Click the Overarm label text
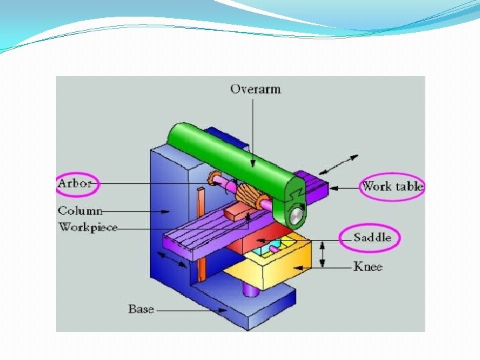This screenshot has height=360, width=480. point(255,89)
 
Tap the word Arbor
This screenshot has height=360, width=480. point(75,183)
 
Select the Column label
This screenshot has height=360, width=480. point(80,211)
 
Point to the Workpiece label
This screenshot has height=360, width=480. point(88,227)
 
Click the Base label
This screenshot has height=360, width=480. point(141,309)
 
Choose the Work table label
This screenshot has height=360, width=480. point(392,186)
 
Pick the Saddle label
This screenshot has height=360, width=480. point(372,237)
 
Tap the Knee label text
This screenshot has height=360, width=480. point(367,267)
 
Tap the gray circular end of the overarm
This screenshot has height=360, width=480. point(295,215)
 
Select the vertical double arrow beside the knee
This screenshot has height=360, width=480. point(323,254)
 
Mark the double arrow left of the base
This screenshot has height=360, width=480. point(171,261)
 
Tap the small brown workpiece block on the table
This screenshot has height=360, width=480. point(237,213)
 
